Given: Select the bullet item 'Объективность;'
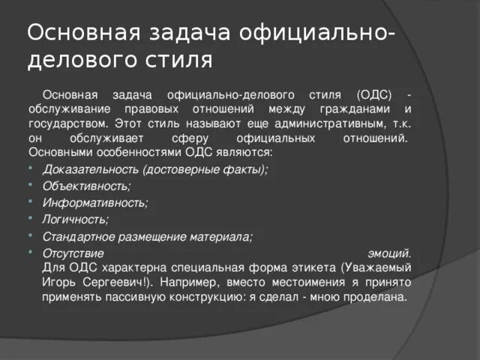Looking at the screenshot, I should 86,186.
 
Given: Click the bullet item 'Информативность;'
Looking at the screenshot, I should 95,202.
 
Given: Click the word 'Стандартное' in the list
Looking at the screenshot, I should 76,236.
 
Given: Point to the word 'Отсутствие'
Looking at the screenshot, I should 70,253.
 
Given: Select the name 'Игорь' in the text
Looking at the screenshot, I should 58,282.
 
